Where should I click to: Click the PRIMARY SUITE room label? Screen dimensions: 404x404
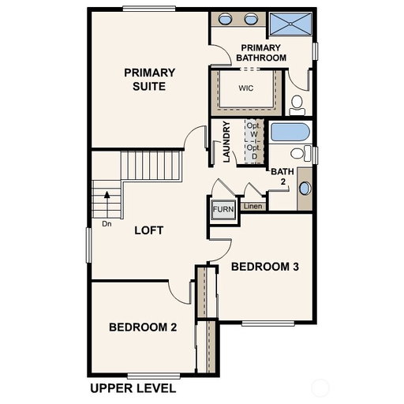tap(149, 80)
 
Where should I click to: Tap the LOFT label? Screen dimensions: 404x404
tap(149, 230)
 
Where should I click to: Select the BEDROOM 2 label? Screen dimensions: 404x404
tap(143, 327)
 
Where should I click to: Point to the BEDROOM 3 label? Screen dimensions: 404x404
tap(265, 267)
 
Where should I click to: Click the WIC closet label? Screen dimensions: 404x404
tap(246, 88)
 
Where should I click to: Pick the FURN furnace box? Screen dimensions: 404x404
tap(223, 209)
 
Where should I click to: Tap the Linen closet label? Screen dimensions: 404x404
tap(252, 206)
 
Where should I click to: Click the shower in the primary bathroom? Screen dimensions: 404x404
tap(290, 24)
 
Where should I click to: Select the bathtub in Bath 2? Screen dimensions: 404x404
tap(290, 133)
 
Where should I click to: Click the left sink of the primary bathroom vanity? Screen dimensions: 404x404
tap(225, 19)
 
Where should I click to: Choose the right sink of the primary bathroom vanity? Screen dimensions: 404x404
tap(251, 19)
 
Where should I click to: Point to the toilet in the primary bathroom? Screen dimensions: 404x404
tap(297, 105)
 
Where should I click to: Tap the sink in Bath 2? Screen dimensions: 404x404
tap(305, 189)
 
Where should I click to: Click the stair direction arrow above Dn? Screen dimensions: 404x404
tap(107, 205)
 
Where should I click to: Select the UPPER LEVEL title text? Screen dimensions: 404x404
tap(133, 388)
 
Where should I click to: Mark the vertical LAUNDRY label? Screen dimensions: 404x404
tap(226, 141)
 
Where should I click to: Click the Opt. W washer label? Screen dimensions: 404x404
tap(254, 130)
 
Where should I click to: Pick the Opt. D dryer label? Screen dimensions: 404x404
tap(254, 152)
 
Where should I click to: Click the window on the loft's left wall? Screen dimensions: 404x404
tap(89, 245)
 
